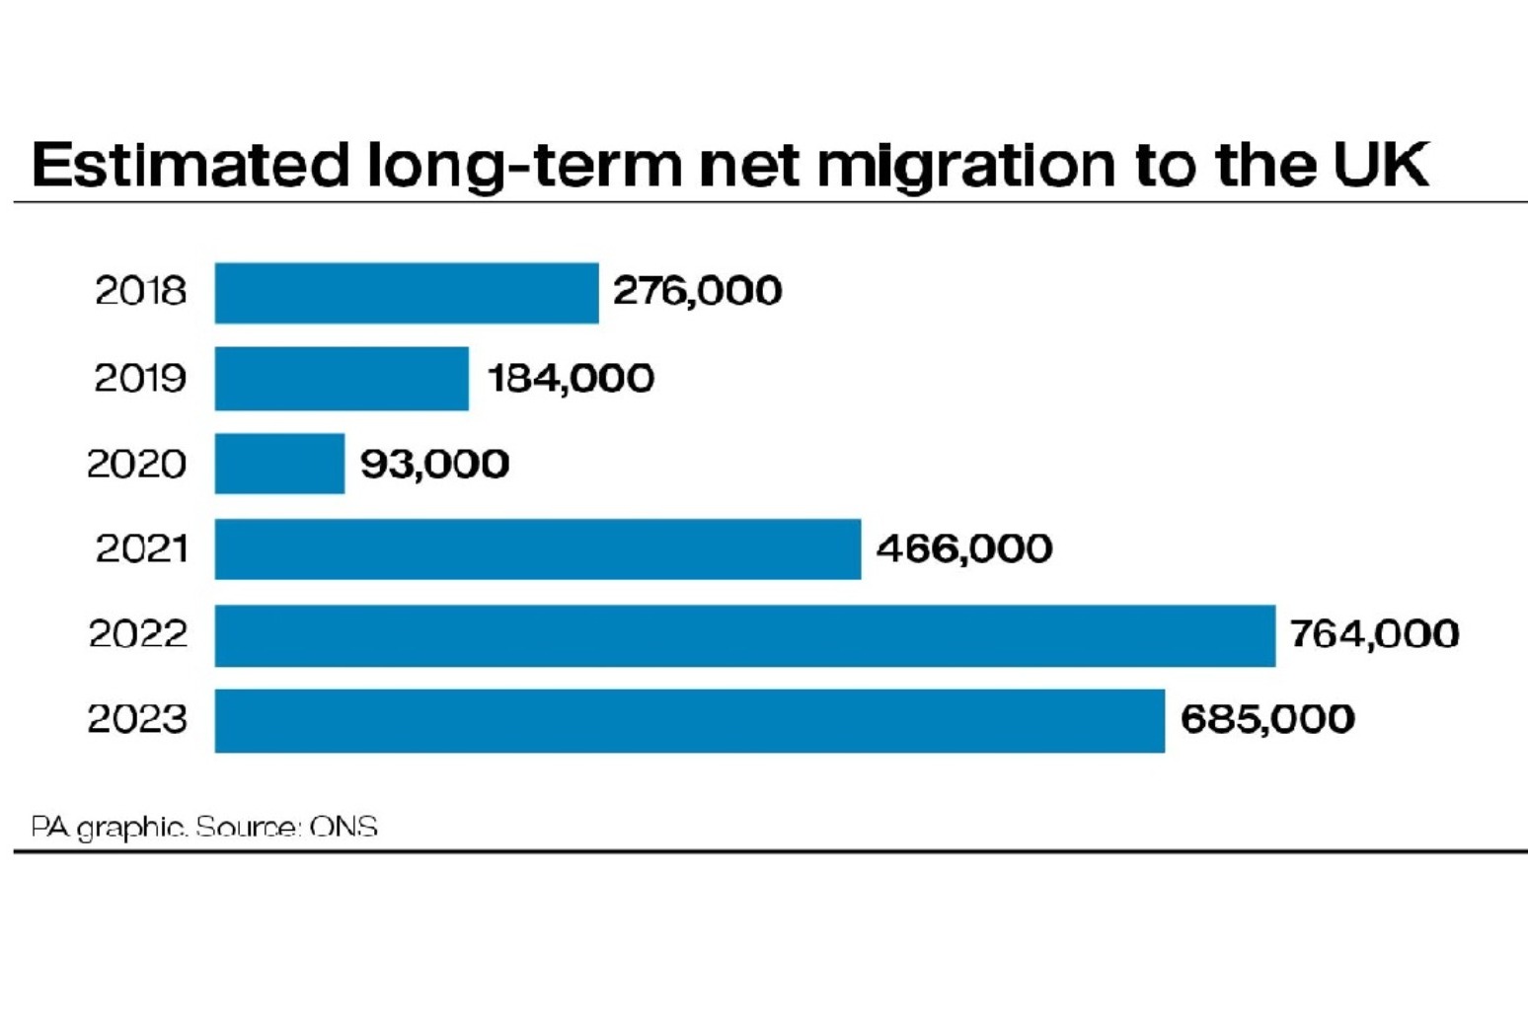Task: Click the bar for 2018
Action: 406,293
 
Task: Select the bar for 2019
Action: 342,378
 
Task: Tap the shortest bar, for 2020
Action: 279,464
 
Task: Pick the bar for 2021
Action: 537,548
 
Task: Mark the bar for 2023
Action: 689,720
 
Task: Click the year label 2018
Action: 140,291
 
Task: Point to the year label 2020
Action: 136,464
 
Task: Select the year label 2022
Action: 137,633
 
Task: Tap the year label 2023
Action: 136,719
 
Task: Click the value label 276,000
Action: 697,291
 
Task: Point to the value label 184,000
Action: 571,378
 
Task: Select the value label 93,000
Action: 434,464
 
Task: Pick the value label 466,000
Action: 963,548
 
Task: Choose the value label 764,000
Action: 1374,634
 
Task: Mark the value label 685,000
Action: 1266,719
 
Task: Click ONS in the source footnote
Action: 344,827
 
